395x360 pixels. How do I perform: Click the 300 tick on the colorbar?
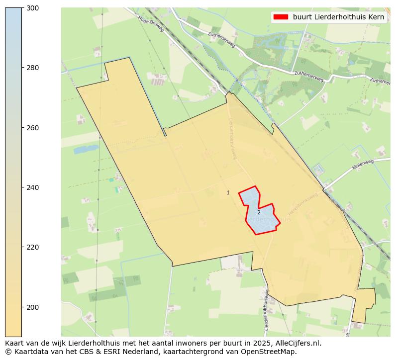[x=32, y=8]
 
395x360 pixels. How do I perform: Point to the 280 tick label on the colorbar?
[x=32, y=68]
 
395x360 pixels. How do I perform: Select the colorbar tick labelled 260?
[x=32, y=128]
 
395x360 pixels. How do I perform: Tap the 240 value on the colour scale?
[x=32, y=187]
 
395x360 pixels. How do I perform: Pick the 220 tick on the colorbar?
[x=32, y=247]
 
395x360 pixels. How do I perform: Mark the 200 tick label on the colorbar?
[x=32, y=307]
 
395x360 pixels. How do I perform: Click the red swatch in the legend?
[x=281, y=17]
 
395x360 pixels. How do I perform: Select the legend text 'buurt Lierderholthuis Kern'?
[x=338, y=17]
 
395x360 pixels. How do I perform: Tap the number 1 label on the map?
[x=228, y=192]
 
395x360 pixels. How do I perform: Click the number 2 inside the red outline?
[x=259, y=212]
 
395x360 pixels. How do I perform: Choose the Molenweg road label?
[x=363, y=165]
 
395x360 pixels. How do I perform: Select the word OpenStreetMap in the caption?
[x=272, y=352]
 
